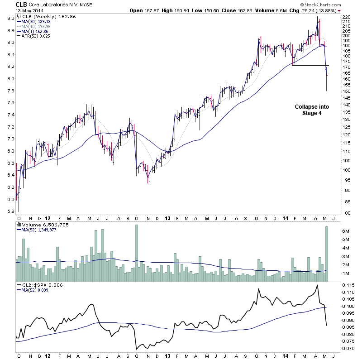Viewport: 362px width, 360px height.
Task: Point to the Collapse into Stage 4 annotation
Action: point(312,110)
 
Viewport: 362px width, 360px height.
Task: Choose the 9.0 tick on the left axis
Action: point(9,18)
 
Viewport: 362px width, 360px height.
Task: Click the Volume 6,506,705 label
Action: point(43,224)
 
